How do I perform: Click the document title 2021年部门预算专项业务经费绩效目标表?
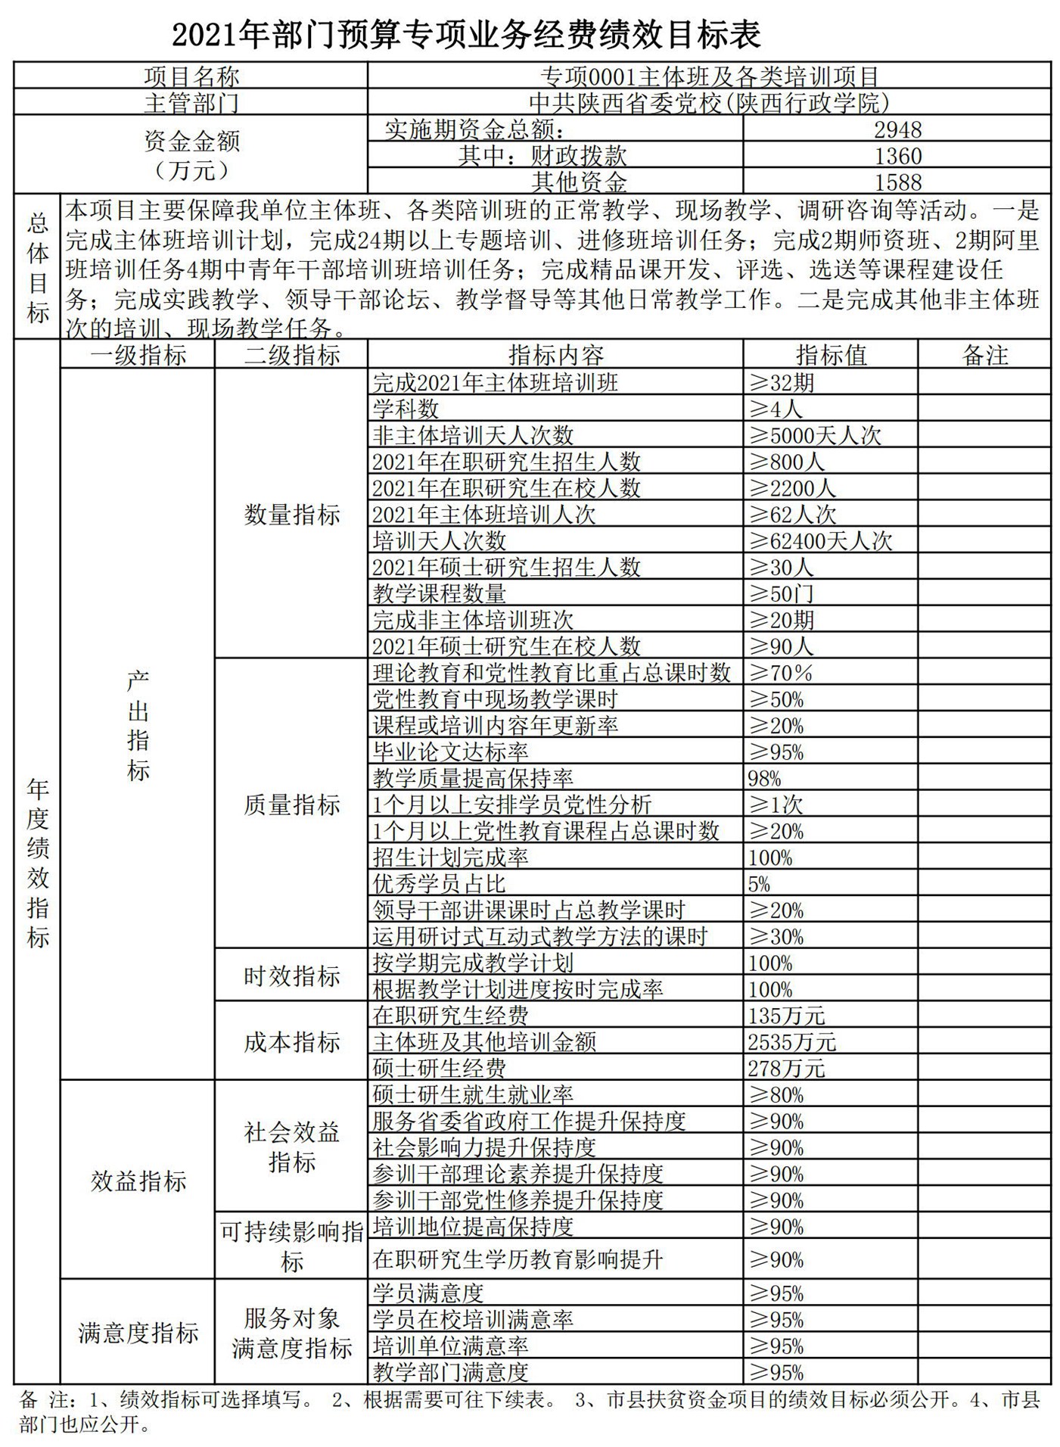point(467,34)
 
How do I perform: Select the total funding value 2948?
point(897,129)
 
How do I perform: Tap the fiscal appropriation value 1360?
point(897,156)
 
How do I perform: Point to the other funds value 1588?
point(897,182)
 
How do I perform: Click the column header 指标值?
point(830,355)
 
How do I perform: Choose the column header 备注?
point(984,355)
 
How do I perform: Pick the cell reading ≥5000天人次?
point(815,435)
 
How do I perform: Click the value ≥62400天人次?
point(820,540)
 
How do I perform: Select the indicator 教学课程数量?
point(439,593)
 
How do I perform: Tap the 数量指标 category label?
point(291,515)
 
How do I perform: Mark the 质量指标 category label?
point(291,804)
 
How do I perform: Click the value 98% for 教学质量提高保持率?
point(764,778)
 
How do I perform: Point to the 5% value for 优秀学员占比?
point(759,884)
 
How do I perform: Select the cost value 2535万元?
point(791,1042)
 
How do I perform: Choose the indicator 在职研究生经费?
point(450,1016)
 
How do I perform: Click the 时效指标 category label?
point(291,976)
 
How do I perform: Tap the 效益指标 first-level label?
point(138,1181)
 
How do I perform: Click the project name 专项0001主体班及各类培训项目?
point(709,76)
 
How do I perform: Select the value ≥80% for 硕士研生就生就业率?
point(776,1095)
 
